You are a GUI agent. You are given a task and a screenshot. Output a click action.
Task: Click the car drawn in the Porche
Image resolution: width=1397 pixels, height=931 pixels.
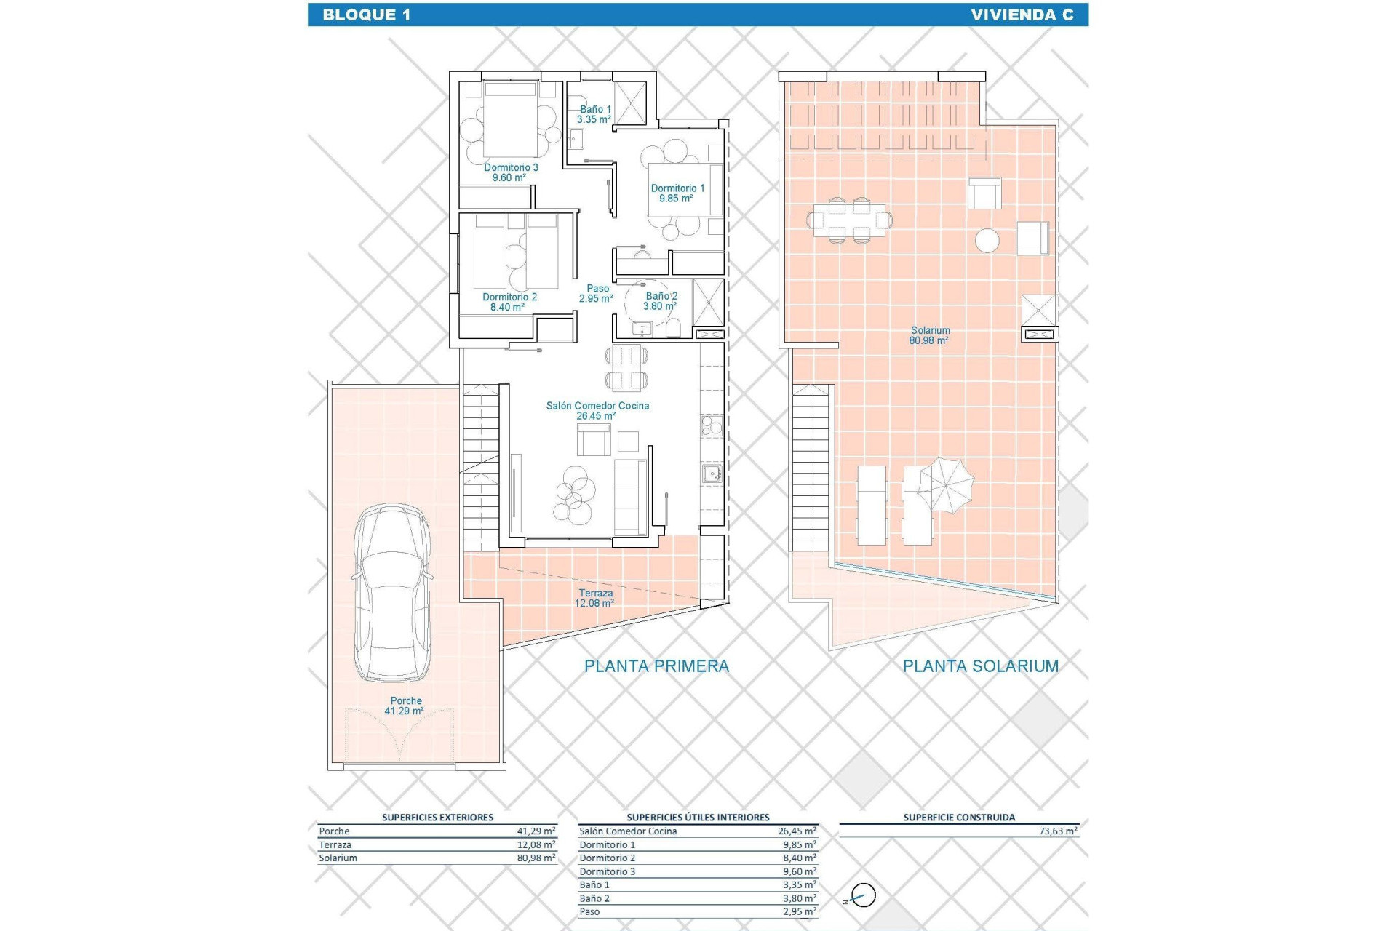point(392,593)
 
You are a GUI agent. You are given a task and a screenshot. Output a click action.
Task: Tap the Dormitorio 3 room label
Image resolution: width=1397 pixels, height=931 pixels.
point(511,172)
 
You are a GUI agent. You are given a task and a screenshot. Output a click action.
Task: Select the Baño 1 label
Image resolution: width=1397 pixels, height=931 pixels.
point(594,114)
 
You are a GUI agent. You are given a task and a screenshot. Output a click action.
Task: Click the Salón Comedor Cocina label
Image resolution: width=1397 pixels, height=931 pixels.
point(597,411)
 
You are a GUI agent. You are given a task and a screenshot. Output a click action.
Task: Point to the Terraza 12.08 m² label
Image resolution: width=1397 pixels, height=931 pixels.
point(595,598)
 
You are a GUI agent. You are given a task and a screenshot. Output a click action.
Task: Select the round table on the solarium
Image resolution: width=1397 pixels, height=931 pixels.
point(987,241)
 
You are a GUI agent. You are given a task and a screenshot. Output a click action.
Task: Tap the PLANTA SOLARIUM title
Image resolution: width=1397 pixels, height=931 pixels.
point(980,666)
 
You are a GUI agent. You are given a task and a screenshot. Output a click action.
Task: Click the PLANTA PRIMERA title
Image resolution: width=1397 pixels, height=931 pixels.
point(656,666)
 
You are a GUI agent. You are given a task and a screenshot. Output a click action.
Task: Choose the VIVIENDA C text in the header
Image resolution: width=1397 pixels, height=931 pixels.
point(1022,15)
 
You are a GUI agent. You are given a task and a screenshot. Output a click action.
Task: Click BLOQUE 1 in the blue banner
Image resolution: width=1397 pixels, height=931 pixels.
point(367,15)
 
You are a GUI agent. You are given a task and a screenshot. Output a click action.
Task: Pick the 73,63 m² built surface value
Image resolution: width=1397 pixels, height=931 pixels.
point(1058,831)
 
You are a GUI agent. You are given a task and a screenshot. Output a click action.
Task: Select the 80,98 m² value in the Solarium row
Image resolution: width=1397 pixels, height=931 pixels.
point(536,858)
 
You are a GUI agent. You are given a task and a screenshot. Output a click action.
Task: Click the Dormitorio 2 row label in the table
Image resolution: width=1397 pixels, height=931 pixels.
point(607,858)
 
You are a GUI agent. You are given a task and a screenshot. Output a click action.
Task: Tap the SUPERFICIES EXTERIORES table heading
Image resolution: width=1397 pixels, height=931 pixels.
point(437,818)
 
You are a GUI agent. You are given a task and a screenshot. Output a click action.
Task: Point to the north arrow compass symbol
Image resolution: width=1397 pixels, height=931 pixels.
point(862,896)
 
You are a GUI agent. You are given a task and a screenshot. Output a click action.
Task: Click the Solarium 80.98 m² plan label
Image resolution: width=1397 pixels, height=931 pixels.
point(929,335)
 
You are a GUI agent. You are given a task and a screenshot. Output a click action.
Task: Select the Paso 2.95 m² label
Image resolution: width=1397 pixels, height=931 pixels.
point(597,293)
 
